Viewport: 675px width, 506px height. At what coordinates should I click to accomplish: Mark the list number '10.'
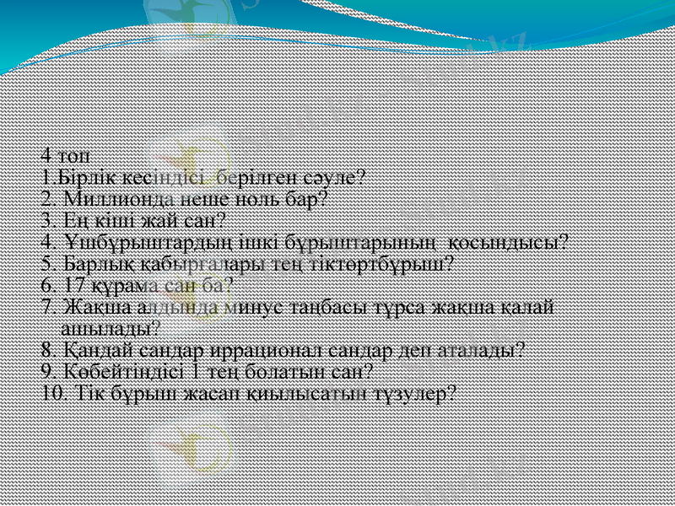pyautogui.click(x=53, y=393)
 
